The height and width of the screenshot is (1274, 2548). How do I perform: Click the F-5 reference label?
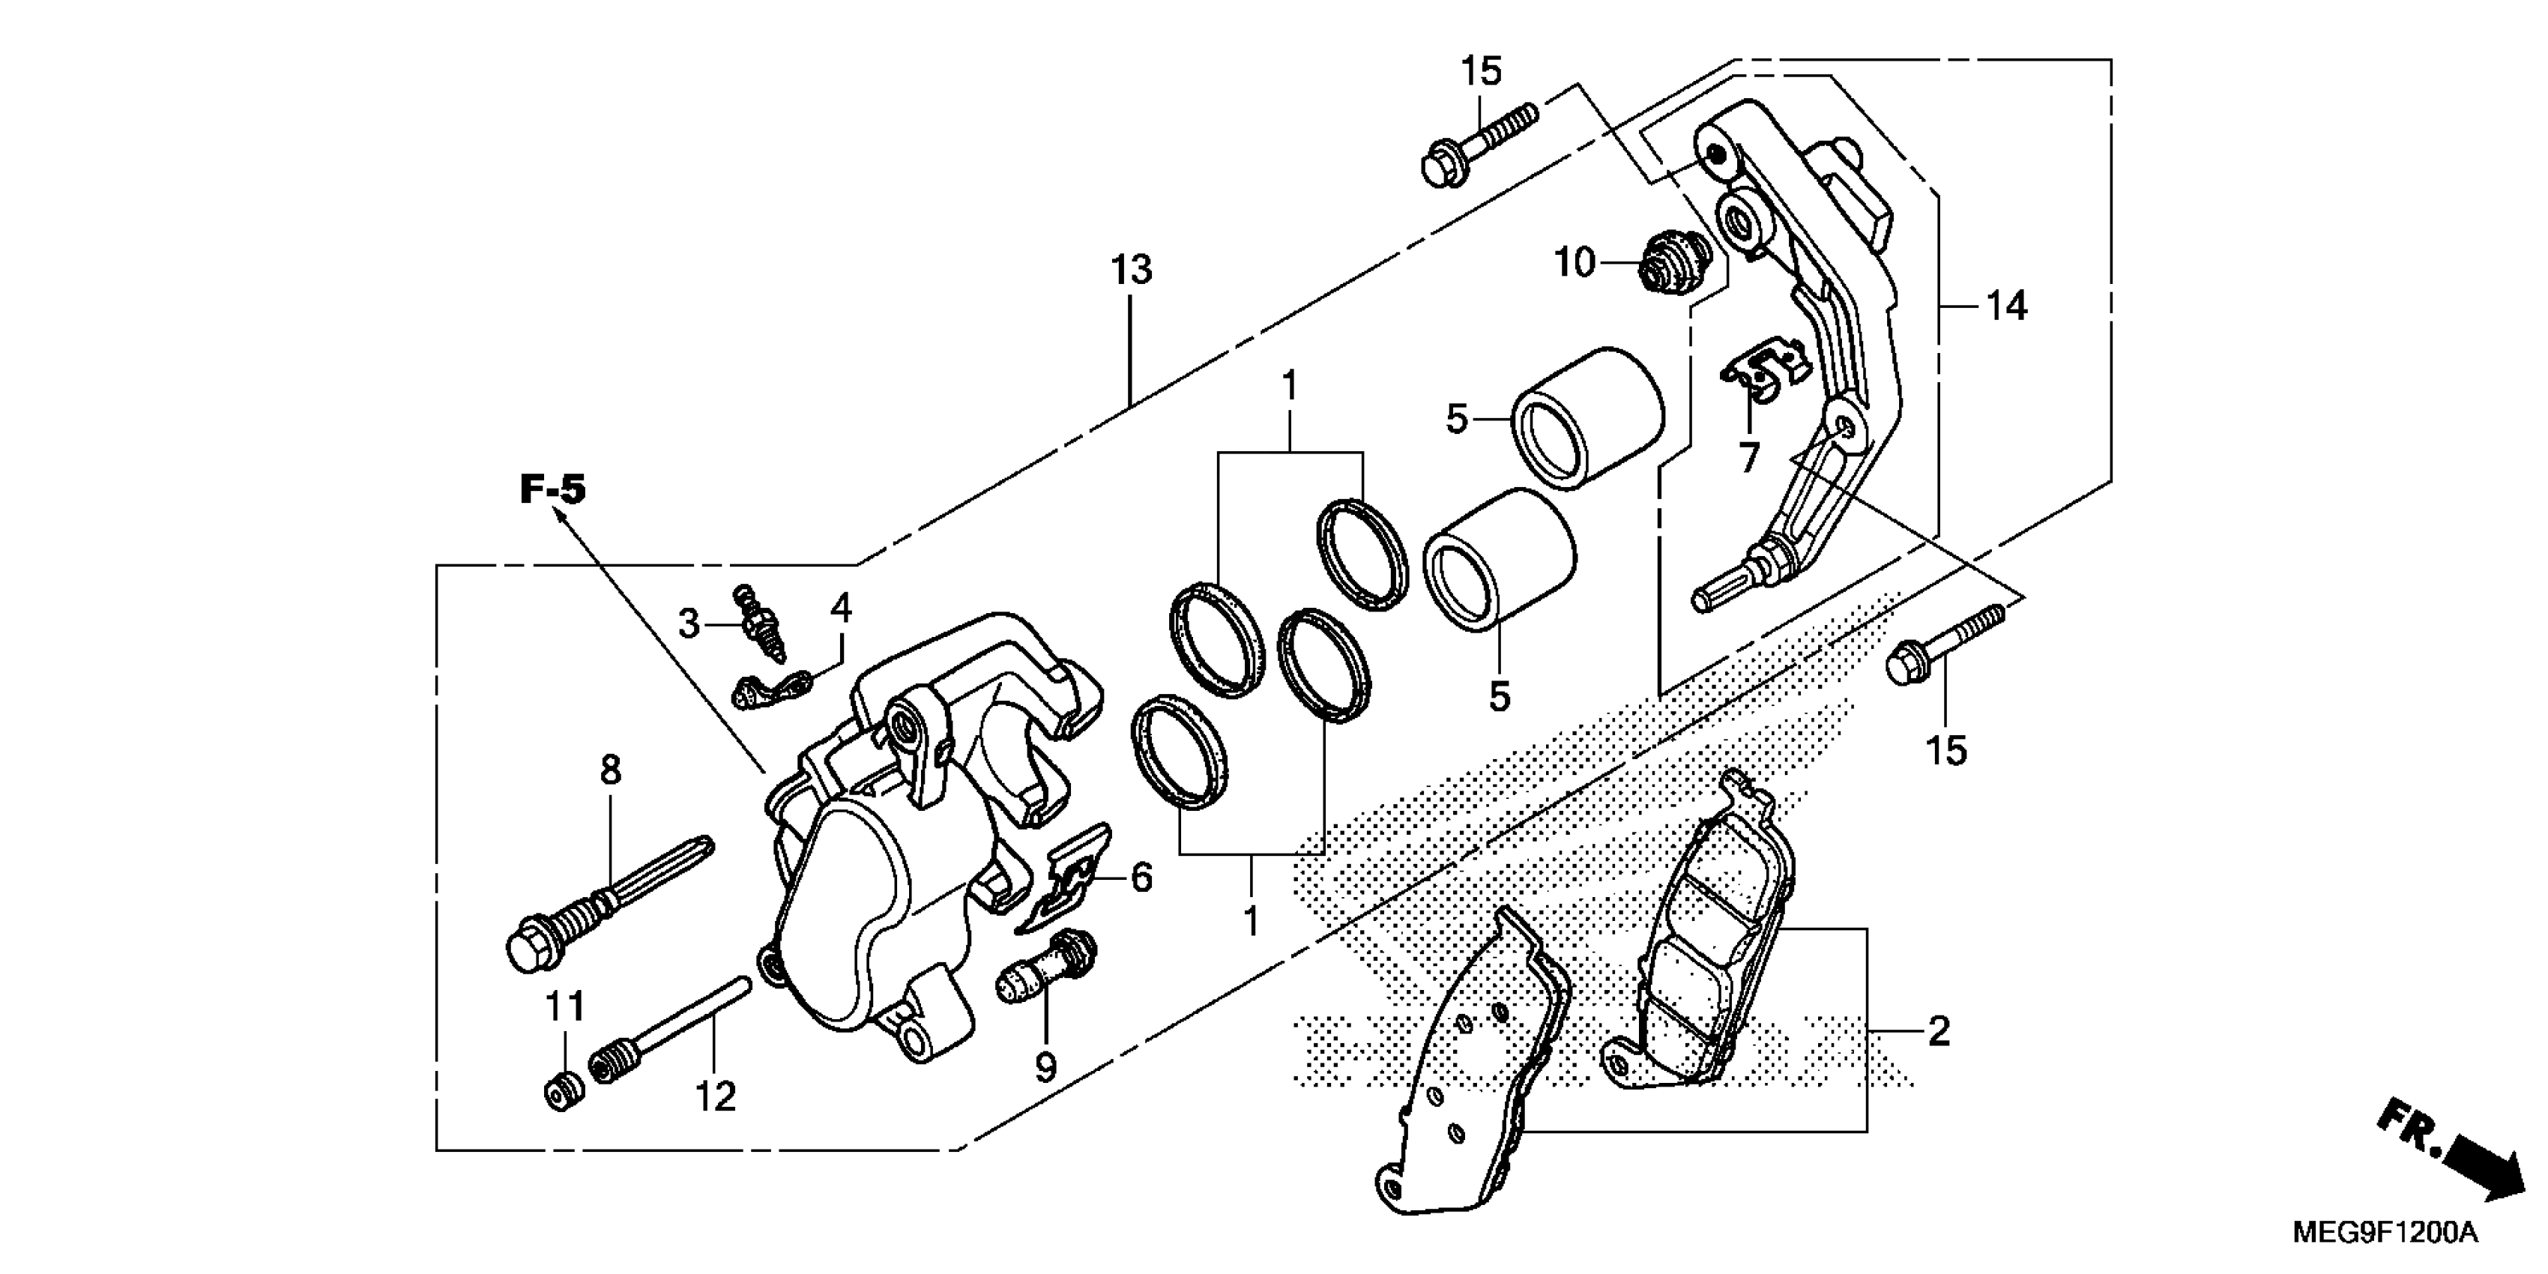(553, 489)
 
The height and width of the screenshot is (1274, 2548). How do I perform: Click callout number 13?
(1131, 270)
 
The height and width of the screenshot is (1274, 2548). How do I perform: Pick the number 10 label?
(1575, 263)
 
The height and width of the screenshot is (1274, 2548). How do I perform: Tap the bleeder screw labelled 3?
(761, 624)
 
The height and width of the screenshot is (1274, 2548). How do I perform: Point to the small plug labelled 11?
(564, 1091)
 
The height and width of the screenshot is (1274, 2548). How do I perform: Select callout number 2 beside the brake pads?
(1939, 1032)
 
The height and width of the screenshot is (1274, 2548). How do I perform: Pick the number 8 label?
(610, 770)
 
